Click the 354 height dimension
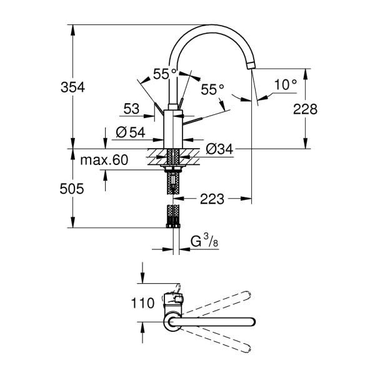pyautogui.click(x=72, y=87)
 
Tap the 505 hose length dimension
pyautogui.click(x=72, y=189)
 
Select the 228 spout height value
pyautogui.click(x=305, y=109)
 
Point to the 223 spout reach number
pyautogui.click(x=212, y=199)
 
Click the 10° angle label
pyautogui.click(x=286, y=84)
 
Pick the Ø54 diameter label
pyautogui.click(x=131, y=132)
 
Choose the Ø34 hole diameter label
pyautogui.click(x=219, y=149)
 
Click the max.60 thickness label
pyautogui.click(x=104, y=160)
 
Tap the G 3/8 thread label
pyautogui.click(x=204, y=241)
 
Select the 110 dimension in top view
pyautogui.click(x=142, y=303)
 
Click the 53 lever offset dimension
pyautogui.click(x=131, y=109)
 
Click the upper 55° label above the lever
pyautogui.click(x=165, y=74)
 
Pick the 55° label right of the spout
pyautogui.click(x=212, y=89)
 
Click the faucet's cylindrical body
pyautogui.click(x=173, y=129)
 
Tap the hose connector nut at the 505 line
pyautogui.click(x=173, y=226)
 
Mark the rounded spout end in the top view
pyautogui.click(x=252, y=322)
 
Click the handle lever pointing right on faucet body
pyautogui.click(x=192, y=121)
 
